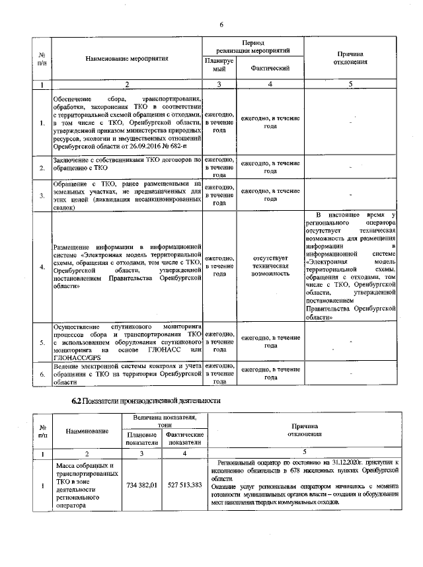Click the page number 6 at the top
(x=222, y=24)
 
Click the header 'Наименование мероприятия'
(x=127, y=58)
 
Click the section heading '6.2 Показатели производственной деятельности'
(x=146, y=400)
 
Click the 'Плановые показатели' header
(x=141, y=439)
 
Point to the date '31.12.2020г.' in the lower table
(x=326, y=465)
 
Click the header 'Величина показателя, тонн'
(x=163, y=422)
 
